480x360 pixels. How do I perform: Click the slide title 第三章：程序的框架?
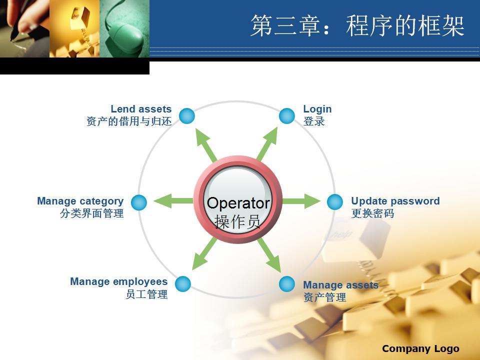point(357,25)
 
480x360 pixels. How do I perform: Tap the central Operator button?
point(237,200)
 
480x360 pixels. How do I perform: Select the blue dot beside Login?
point(287,116)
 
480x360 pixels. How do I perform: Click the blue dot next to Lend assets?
point(187,116)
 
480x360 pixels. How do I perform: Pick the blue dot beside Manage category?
point(139,202)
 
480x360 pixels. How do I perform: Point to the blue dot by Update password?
point(335,202)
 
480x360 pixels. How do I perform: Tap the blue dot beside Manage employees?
point(183,284)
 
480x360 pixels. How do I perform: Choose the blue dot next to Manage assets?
point(287,284)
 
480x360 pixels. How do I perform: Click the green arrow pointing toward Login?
point(267,144)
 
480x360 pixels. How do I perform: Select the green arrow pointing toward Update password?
point(301,201)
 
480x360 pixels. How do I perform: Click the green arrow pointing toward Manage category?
point(173,201)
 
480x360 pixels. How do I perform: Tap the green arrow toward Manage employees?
point(204,254)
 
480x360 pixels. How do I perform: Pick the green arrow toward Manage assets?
point(269,255)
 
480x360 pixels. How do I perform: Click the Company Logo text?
point(420,348)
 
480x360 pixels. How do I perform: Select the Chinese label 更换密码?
point(372,213)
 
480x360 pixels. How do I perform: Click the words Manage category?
point(80,201)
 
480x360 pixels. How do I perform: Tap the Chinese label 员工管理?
point(146,294)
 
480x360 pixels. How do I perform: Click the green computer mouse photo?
point(124,28)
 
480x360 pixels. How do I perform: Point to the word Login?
point(317,109)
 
